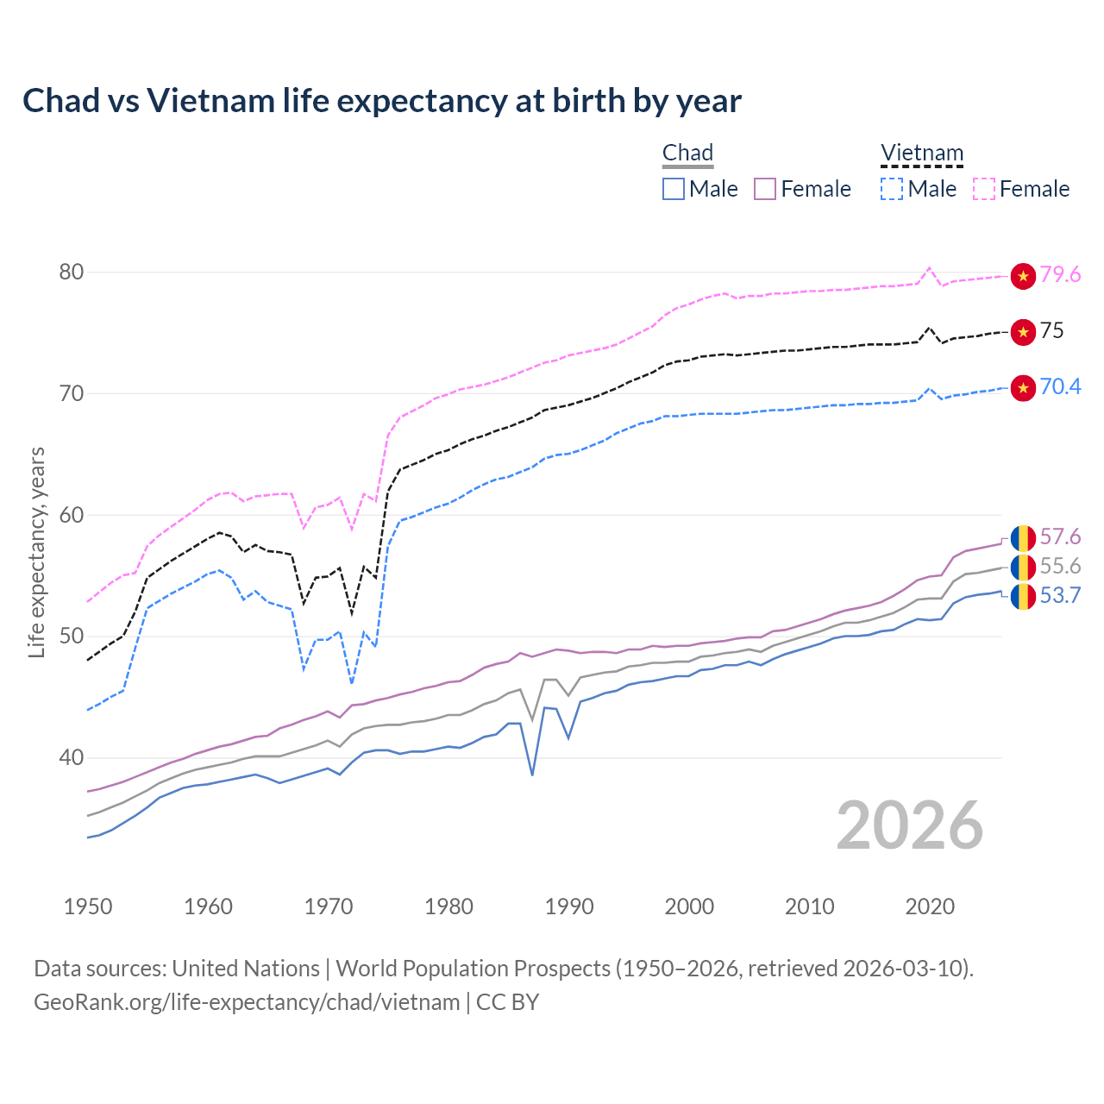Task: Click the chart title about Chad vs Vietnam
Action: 381,101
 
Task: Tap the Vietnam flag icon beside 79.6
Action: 1023,276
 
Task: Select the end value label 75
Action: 1051,331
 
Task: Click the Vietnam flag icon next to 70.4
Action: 1023,388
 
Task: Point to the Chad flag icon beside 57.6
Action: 1023,538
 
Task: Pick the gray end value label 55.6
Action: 1060,567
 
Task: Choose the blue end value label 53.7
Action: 1060,596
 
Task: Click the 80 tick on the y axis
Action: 72,273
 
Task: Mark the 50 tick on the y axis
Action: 72,637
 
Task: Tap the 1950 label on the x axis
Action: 88,906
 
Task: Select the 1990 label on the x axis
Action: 569,906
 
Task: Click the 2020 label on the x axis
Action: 930,906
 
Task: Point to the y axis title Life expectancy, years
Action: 37,552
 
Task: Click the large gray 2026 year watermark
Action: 910,825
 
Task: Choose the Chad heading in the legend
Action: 687,154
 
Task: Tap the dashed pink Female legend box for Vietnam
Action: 984,189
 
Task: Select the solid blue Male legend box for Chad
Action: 674,189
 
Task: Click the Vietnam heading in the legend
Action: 921,154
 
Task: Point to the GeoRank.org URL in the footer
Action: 247,1002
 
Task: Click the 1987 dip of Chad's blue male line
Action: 532,774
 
